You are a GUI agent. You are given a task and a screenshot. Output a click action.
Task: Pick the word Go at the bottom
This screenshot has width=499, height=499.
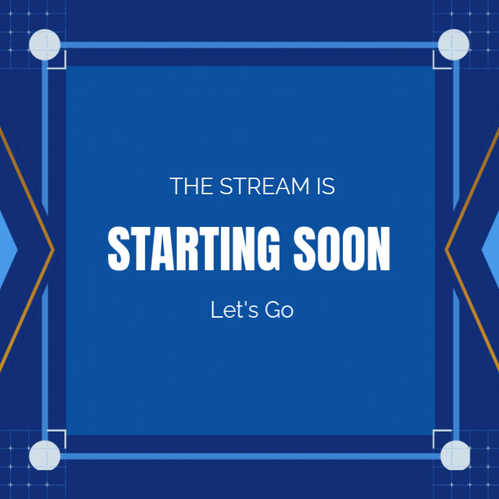279,311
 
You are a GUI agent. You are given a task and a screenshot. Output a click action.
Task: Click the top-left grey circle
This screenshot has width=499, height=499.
45,45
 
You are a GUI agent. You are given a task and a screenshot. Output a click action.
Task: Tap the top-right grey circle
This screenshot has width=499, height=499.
454,45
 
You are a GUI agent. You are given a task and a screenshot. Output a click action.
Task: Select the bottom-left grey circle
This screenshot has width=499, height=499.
45,455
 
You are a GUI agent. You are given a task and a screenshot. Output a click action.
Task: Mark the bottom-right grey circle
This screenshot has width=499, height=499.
455,455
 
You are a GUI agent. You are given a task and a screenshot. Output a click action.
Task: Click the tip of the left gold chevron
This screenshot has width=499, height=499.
53,250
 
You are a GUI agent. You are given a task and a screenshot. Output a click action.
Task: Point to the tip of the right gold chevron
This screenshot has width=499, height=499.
446,250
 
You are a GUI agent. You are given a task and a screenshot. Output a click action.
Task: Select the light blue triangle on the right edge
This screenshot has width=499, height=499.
492,250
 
